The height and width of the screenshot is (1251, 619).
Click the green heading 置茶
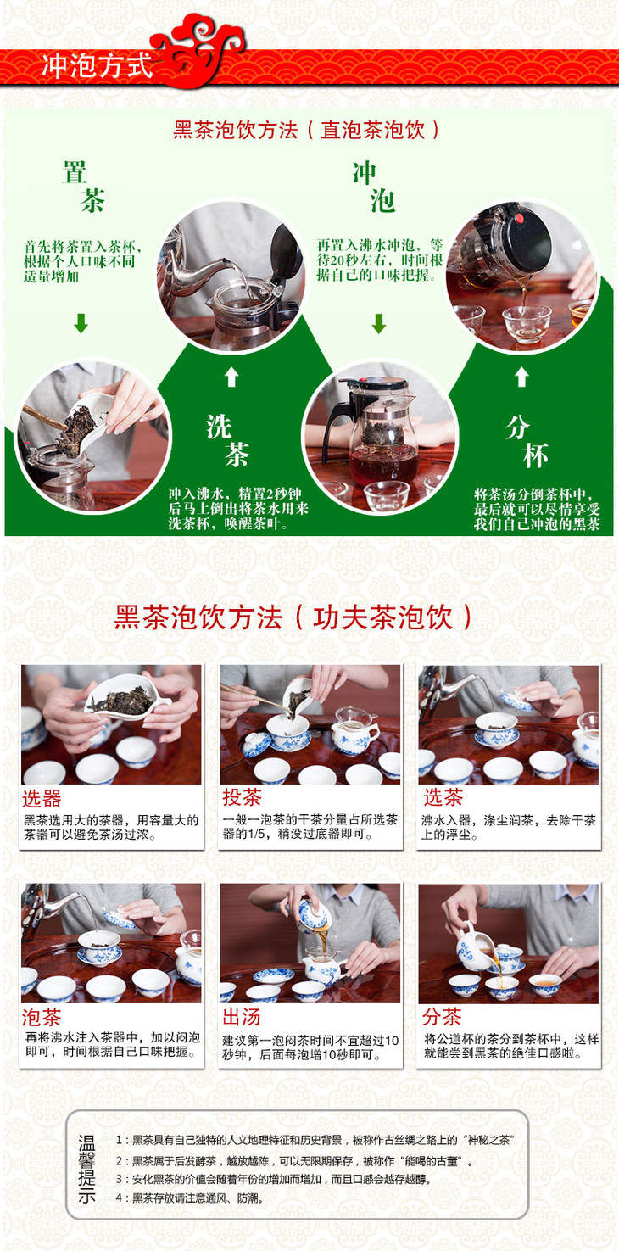tap(84, 187)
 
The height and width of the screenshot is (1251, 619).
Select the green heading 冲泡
tap(374, 187)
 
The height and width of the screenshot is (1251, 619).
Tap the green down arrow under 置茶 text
tap(81, 323)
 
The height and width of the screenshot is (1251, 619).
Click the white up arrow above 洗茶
tap(231, 377)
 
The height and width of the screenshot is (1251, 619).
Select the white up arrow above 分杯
tap(521, 377)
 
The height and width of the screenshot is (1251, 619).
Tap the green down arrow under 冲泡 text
tap(379, 323)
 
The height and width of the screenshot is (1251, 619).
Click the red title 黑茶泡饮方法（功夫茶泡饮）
tap(293, 617)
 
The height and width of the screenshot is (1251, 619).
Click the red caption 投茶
tap(242, 797)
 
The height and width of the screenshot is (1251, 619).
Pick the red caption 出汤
tap(242, 1017)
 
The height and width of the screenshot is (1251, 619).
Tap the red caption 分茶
tap(442, 1017)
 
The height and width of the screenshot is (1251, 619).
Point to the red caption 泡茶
tap(42, 1018)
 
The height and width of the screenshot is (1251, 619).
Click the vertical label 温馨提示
tap(86, 1170)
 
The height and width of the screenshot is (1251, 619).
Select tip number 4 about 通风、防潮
tap(189, 1198)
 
